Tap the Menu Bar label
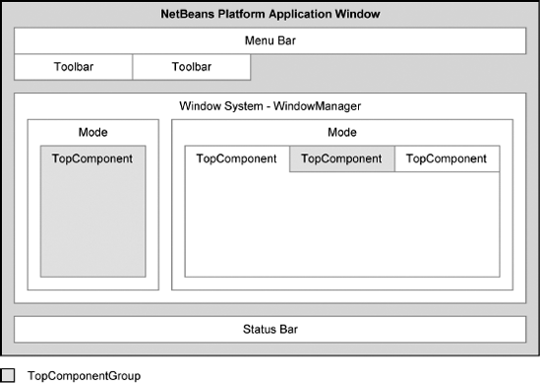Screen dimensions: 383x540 [x=270, y=40]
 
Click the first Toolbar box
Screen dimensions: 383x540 [x=73, y=67]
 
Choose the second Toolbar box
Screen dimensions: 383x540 [x=191, y=67]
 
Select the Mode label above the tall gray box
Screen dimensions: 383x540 [x=92, y=132]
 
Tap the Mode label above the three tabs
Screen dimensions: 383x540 [x=341, y=132]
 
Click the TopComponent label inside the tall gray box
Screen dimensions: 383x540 [x=92, y=158]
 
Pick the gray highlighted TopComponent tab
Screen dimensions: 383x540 [x=341, y=159]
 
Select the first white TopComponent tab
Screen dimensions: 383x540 [x=237, y=159]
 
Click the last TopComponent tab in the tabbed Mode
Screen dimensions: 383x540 [x=447, y=159]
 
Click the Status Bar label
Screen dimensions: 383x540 [x=270, y=329]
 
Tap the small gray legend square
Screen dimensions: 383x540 [x=9, y=374]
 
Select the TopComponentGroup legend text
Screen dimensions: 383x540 [x=84, y=375]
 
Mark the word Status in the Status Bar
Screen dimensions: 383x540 [x=258, y=329]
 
